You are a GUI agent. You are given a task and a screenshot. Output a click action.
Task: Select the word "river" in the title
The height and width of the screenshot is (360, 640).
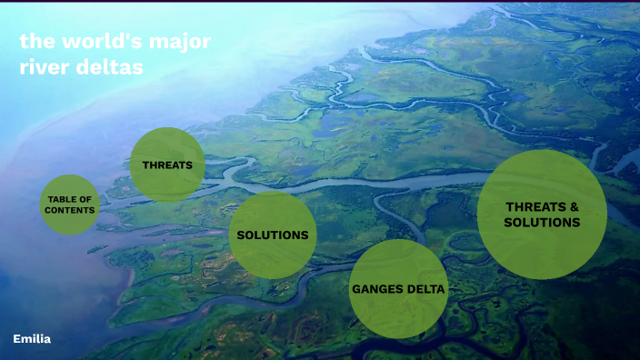tap(44, 68)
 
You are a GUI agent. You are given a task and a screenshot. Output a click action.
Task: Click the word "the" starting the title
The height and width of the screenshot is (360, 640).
tap(35, 43)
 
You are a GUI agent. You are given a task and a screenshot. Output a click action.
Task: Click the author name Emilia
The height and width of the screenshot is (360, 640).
tap(32, 338)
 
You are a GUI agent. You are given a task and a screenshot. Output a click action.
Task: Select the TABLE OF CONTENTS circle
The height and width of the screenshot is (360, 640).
tap(70, 205)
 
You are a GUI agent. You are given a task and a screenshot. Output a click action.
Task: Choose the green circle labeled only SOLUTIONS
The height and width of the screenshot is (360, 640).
tap(273, 235)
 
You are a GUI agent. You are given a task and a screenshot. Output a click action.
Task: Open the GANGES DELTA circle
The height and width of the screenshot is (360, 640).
tap(398, 289)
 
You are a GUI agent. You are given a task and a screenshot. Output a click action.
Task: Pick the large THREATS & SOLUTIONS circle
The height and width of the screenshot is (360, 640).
tap(542, 215)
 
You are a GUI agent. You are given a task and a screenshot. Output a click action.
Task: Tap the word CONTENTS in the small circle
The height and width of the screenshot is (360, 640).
tap(70, 210)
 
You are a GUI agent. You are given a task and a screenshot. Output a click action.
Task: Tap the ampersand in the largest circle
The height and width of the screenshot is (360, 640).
tap(574, 206)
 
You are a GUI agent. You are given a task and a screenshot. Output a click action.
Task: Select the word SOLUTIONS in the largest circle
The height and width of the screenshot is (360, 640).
tap(542, 223)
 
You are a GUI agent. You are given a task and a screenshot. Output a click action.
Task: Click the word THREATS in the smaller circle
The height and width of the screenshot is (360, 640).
tap(167, 165)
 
